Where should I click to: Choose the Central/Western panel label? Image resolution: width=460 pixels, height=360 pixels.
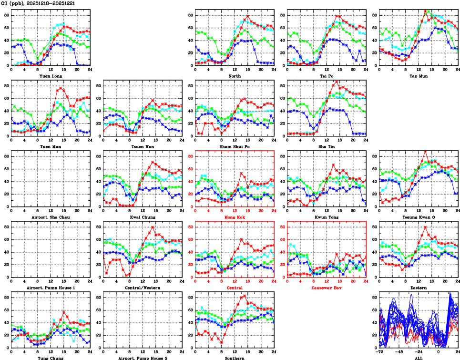pos(143,288)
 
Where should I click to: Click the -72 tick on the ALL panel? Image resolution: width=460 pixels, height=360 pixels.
pos(380,352)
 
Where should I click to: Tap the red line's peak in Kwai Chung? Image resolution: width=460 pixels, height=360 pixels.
pos(152,162)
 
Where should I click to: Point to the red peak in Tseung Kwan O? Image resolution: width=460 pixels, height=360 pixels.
pos(425,152)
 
